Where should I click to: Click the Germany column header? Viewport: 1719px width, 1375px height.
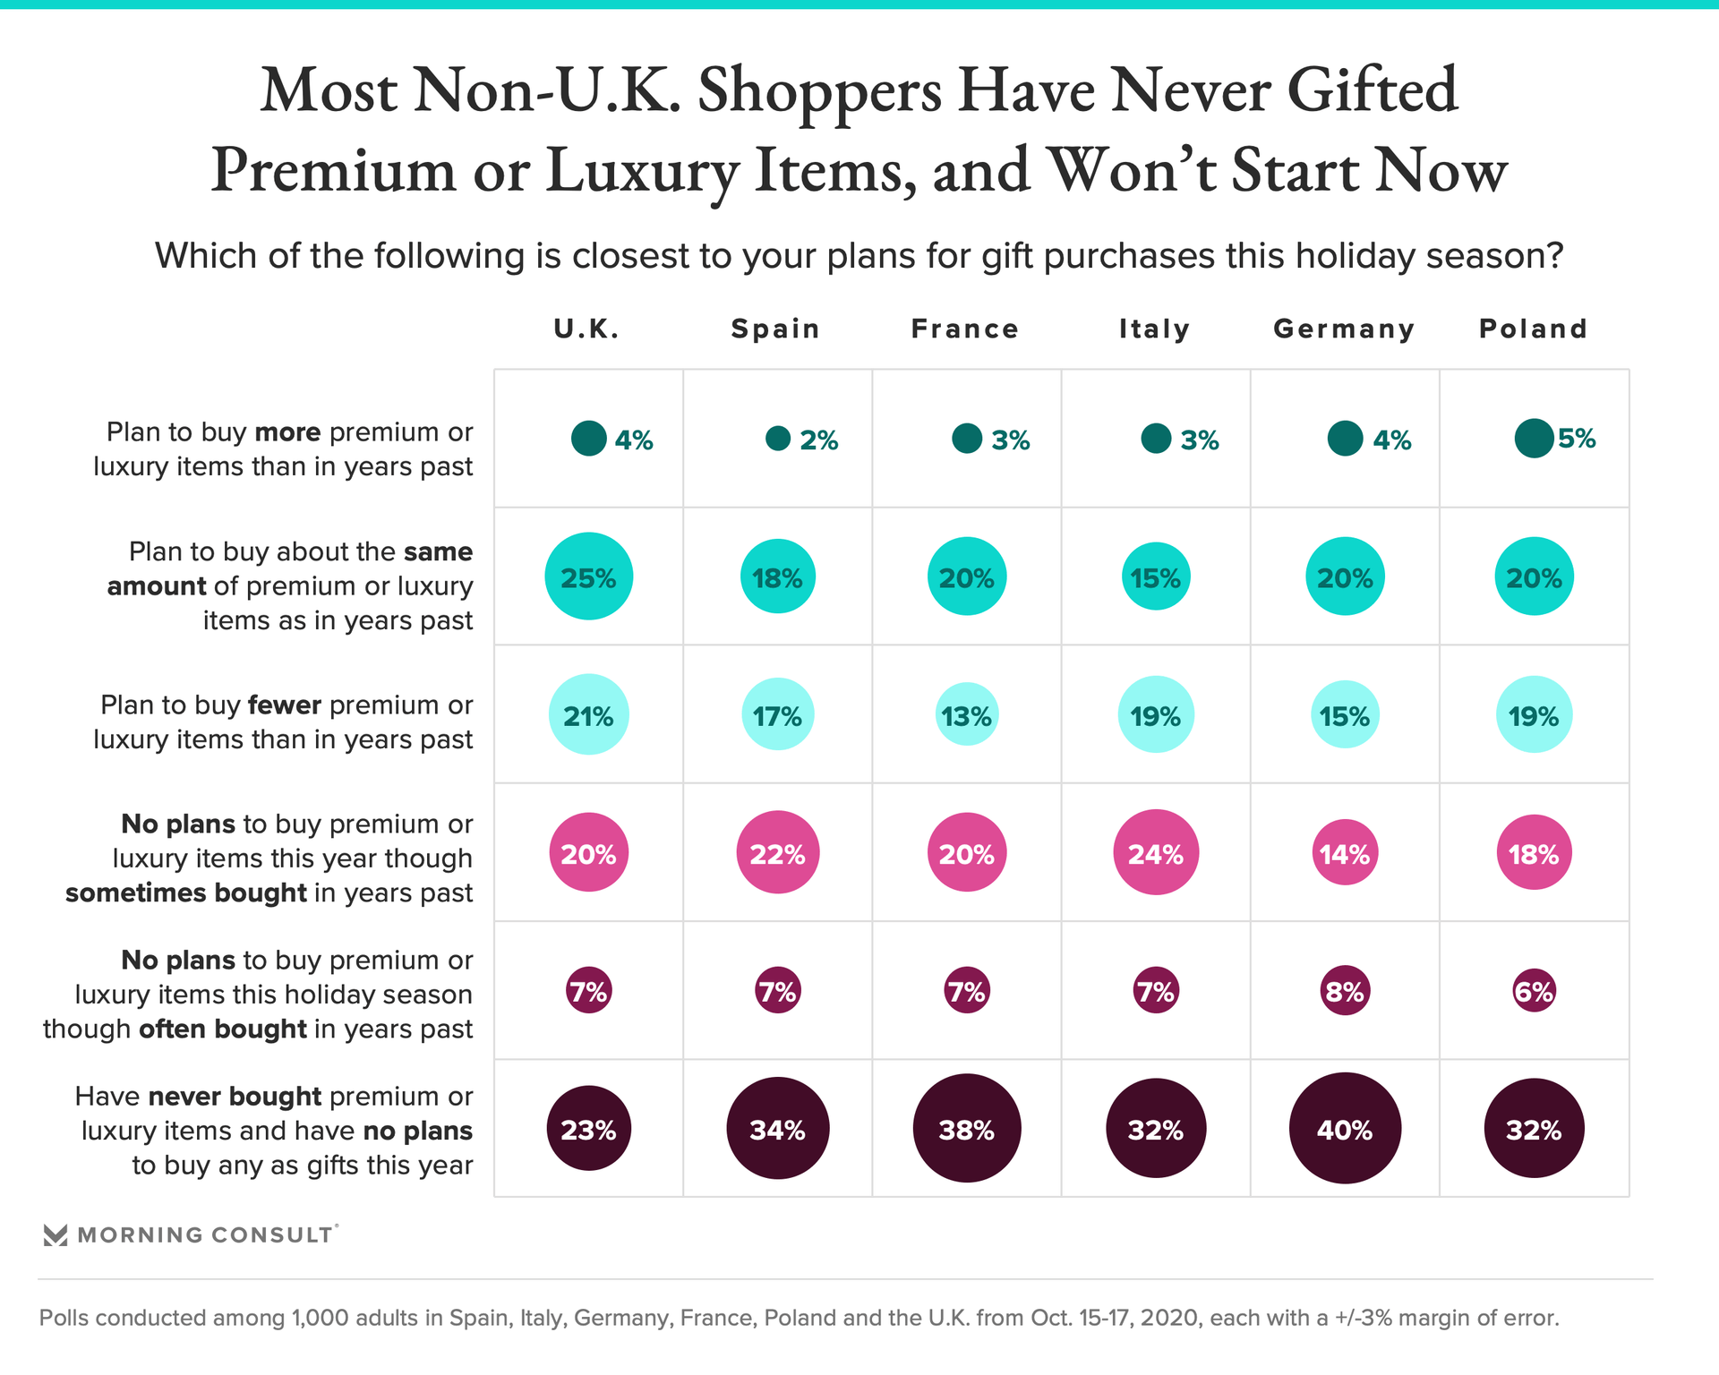(1344, 329)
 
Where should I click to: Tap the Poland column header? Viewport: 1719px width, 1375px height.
(1533, 329)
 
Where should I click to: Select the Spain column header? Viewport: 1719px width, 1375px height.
(775, 329)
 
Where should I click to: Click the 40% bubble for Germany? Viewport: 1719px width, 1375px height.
(1345, 1129)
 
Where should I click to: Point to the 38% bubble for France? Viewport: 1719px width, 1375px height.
(967, 1129)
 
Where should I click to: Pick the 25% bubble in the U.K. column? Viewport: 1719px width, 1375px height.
(588, 577)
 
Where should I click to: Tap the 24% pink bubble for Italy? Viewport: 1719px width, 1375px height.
(1156, 853)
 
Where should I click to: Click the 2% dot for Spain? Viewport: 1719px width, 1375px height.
(778, 439)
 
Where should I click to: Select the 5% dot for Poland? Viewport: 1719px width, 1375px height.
(1534, 439)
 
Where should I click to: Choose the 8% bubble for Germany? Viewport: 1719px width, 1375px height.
(1345, 991)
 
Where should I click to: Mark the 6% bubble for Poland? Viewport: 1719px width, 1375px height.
(1534, 991)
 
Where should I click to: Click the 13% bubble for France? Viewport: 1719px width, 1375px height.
(967, 716)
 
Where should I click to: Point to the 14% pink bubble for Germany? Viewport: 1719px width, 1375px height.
(1345, 853)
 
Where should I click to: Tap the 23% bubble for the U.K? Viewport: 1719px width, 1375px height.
(588, 1129)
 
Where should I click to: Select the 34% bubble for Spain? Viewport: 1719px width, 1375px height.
(777, 1129)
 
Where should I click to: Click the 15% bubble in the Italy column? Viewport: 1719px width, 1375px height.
(1156, 577)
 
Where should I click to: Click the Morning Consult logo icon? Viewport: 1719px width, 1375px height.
(56, 1235)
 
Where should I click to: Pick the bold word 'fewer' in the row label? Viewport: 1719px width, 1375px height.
(284, 705)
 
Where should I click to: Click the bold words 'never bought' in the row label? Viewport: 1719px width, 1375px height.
(235, 1097)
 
